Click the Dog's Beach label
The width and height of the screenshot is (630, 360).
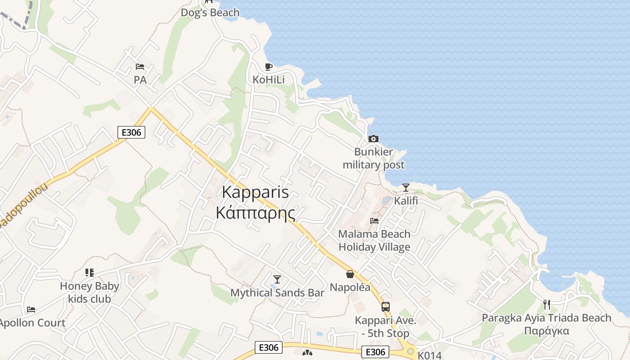[210, 13]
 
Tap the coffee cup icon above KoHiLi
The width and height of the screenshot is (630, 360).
[269, 67]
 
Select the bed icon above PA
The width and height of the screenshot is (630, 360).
[140, 67]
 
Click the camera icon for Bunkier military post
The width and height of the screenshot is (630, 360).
[373, 139]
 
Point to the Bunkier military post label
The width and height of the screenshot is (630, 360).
[373, 158]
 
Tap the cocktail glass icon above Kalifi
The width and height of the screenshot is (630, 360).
[406, 187]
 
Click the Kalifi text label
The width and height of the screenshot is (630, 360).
[406, 201]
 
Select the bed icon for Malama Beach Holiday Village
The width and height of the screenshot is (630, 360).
[374, 221]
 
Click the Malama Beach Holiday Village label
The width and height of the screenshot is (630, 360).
[374, 240]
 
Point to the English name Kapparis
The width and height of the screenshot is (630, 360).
[256, 192]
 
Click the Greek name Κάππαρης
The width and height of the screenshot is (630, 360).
[256, 212]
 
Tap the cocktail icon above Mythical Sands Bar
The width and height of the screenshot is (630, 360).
[277, 279]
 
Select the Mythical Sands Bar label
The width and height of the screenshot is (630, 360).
[277, 293]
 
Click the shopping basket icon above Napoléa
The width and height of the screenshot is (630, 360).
[350, 274]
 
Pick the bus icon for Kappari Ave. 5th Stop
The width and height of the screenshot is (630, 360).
[386, 307]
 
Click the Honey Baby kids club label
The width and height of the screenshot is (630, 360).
[90, 292]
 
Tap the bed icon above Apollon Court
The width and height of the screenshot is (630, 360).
[31, 310]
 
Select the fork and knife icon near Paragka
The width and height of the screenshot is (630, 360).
[547, 305]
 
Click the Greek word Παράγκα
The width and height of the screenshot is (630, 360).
[547, 331]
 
